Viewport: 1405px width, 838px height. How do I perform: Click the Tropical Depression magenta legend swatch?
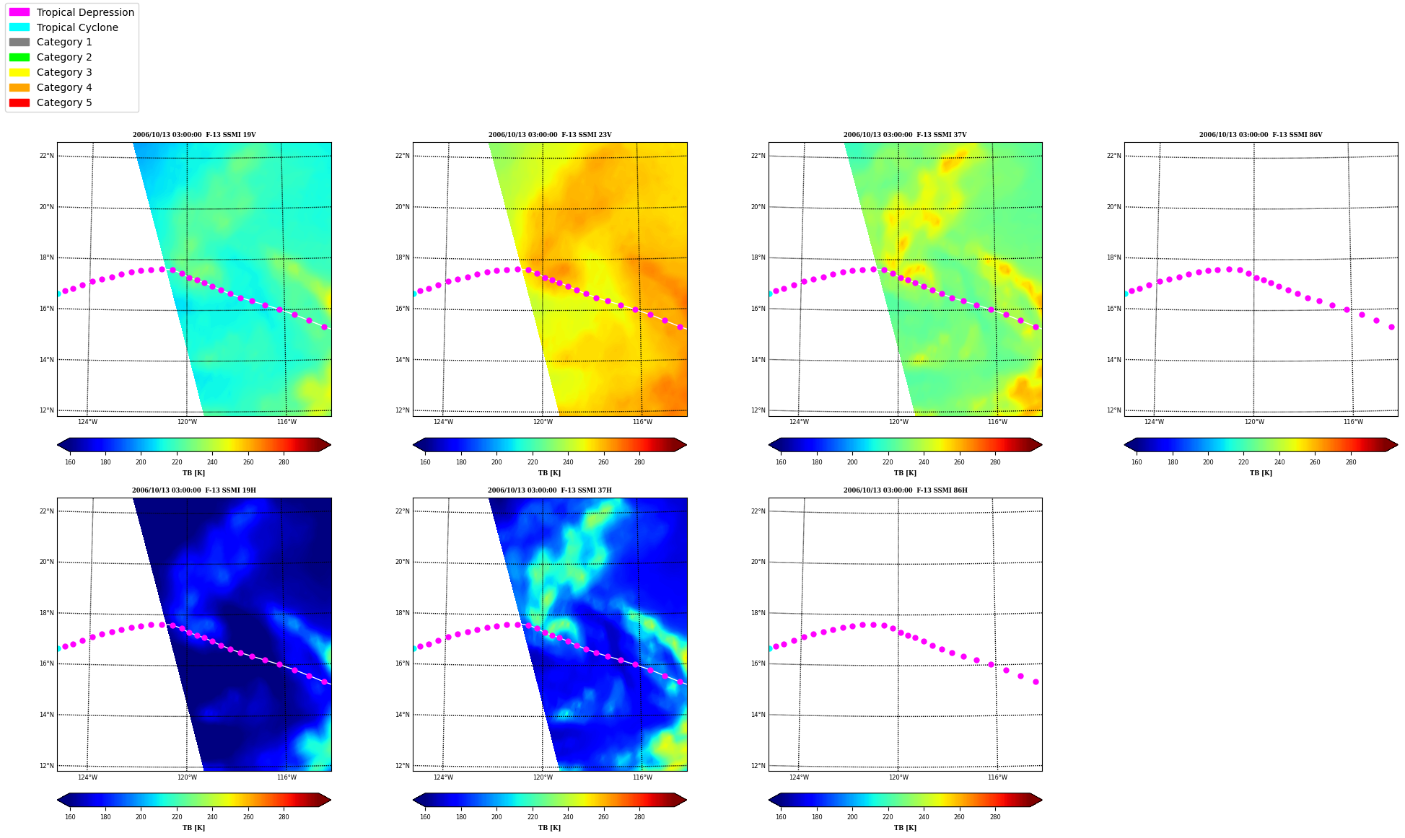coord(19,12)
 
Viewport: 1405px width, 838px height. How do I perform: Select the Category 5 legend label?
coord(64,102)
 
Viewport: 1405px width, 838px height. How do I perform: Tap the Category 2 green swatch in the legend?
coord(19,57)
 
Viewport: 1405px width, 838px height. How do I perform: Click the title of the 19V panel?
coord(194,135)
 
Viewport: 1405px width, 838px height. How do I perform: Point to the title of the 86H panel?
coord(906,490)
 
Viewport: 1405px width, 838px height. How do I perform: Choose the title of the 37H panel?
coord(550,490)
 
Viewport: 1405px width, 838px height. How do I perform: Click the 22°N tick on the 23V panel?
coord(402,156)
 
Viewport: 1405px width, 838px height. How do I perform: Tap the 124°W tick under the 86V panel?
coord(1154,422)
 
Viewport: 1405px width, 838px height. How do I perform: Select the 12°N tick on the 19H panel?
coord(46,766)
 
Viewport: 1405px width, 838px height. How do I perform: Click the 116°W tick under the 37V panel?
coord(997,422)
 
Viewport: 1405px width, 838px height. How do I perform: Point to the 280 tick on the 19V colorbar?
coord(284,462)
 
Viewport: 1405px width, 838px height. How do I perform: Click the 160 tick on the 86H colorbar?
coord(781,817)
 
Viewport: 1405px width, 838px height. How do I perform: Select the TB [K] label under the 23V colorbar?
coord(549,473)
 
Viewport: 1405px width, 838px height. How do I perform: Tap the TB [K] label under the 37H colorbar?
coord(549,828)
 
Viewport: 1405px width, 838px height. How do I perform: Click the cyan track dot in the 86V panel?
coord(1126,294)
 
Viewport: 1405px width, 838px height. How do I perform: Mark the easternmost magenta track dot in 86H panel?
coord(1036,682)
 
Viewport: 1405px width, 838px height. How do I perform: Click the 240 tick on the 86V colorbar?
coord(1279,462)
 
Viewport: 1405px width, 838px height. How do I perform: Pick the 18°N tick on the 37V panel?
coord(758,257)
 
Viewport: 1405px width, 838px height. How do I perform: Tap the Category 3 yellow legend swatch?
coord(19,72)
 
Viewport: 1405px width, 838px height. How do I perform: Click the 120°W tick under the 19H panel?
coord(187,777)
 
